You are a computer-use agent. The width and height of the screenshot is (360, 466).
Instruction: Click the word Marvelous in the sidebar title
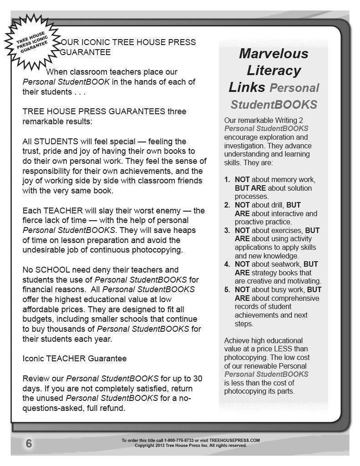click(x=274, y=54)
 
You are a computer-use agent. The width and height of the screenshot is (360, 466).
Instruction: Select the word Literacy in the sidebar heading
click(x=274, y=71)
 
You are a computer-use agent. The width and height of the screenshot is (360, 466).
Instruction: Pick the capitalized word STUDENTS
click(x=54, y=141)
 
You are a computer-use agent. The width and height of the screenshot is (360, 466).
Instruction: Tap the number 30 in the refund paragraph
click(x=198, y=379)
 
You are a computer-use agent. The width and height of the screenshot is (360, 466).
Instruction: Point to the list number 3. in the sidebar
click(x=227, y=231)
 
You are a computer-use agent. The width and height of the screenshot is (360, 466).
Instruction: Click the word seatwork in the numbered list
click(x=286, y=264)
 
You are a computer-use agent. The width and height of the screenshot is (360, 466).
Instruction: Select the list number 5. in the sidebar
click(x=227, y=290)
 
